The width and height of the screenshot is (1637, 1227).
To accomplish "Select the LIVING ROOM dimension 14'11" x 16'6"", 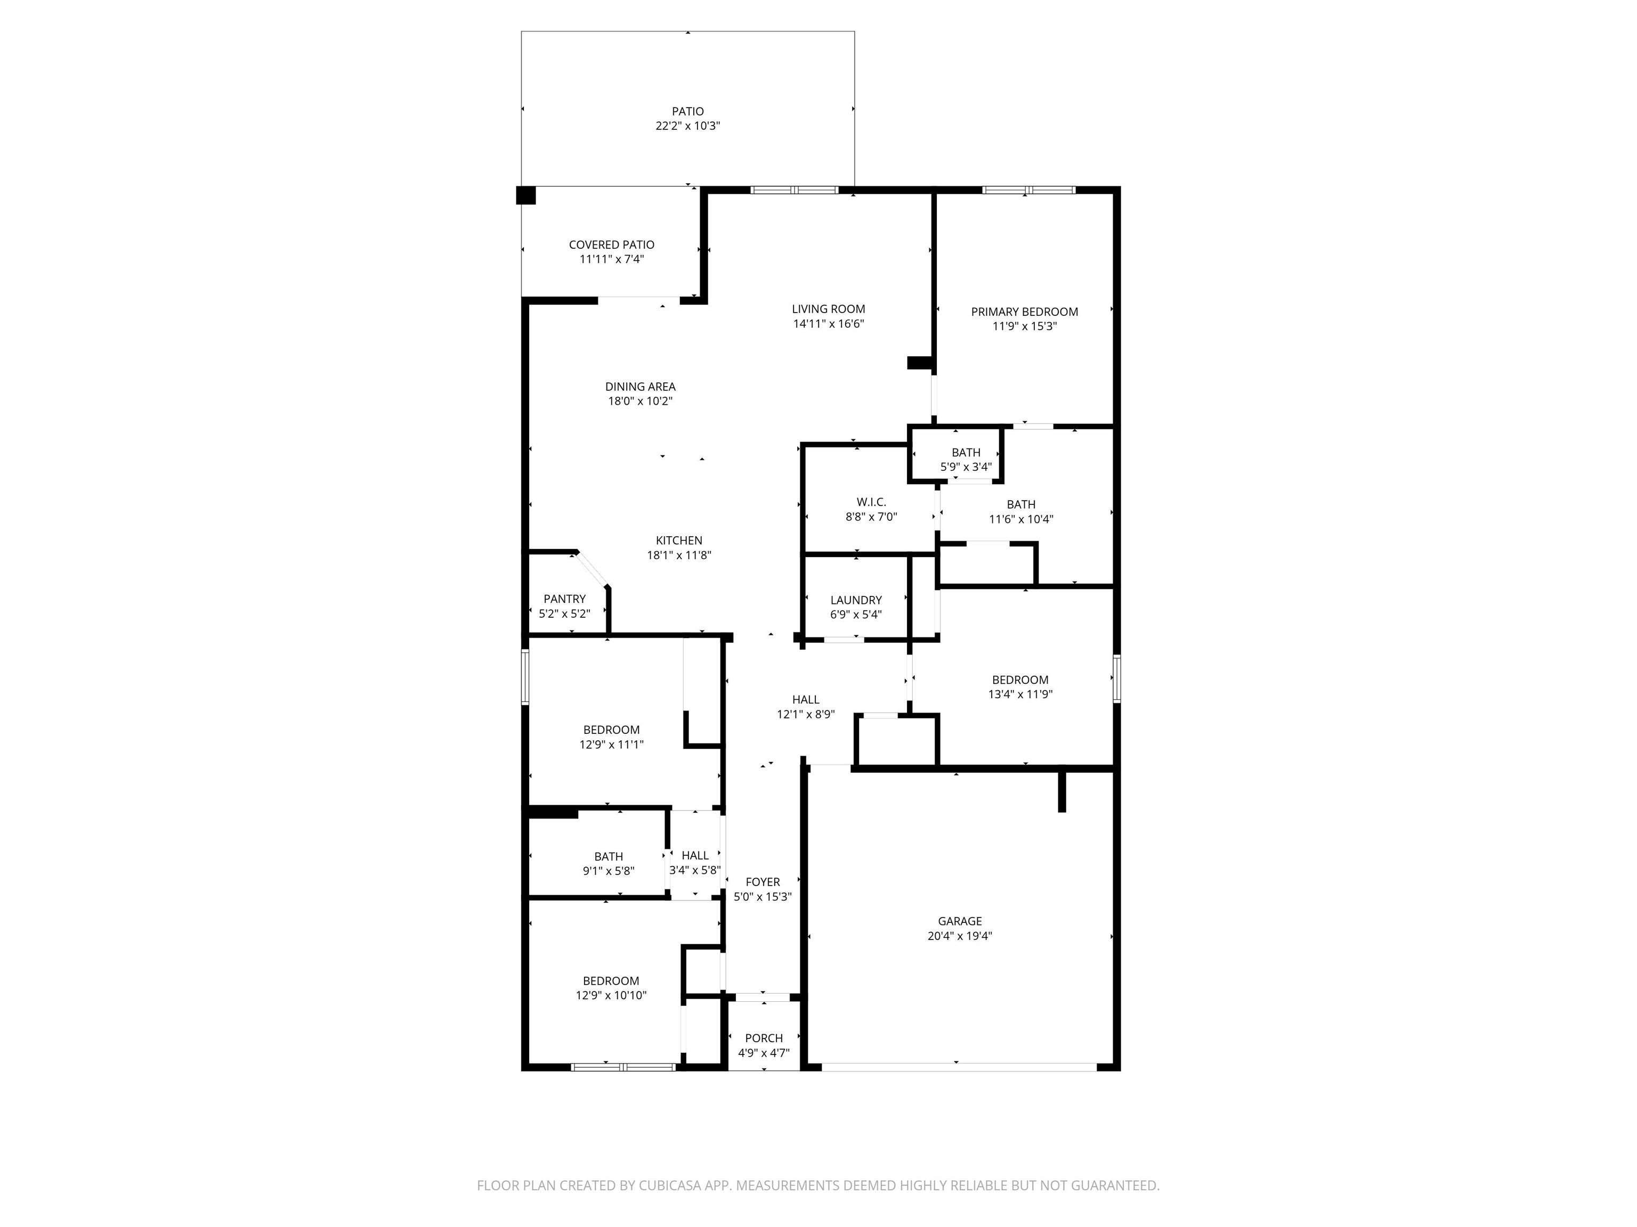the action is pyautogui.click(x=828, y=324).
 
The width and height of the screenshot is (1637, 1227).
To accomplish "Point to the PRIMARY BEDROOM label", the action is pyautogui.click(x=1024, y=312).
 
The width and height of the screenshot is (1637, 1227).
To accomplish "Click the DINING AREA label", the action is pyautogui.click(x=640, y=387).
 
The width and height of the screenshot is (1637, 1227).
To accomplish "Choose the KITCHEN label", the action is pyautogui.click(x=679, y=541).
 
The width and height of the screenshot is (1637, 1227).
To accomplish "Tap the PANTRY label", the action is pyautogui.click(x=565, y=599).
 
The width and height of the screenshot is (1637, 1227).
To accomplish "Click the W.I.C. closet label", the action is pyautogui.click(x=871, y=502).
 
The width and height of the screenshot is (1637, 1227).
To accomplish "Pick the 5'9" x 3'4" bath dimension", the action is pyautogui.click(x=966, y=467).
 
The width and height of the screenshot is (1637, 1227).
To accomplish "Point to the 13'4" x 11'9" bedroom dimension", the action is pyautogui.click(x=1020, y=694).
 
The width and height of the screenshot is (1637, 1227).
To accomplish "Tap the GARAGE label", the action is pyautogui.click(x=960, y=921).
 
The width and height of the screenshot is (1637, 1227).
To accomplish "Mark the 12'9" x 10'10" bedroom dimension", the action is pyautogui.click(x=611, y=995).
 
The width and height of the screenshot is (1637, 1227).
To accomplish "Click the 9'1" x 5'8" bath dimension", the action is pyautogui.click(x=609, y=871).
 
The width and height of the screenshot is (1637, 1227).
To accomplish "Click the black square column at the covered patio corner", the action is pyautogui.click(x=525, y=195).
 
